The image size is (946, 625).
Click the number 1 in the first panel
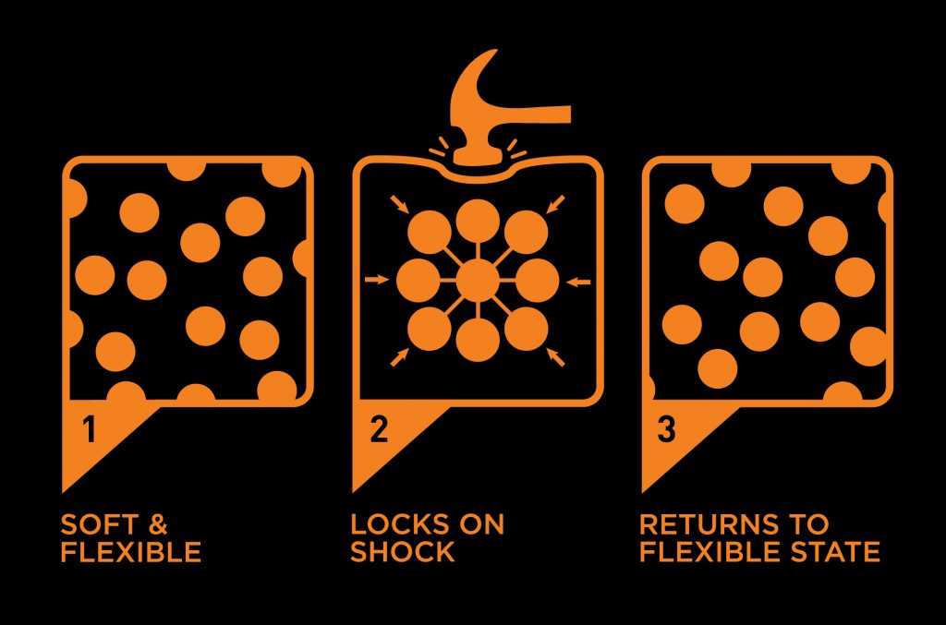pos(90,429)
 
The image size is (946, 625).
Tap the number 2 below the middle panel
pos(379,429)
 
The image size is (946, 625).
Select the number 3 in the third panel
pos(666,429)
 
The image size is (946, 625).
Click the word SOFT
pos(99,524)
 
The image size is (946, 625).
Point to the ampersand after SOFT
pos(157,524)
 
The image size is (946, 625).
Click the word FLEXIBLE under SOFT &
pos(131,552)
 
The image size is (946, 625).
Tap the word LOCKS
pos(400,524)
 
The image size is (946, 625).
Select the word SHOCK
pos(403,552)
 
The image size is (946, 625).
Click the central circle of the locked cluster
pos(478,281)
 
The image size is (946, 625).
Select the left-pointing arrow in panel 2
pos(579,281)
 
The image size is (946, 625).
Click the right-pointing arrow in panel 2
pos(377,279)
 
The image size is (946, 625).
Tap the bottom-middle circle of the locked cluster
pos(478,340)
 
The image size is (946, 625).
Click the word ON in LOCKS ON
pos(481,524)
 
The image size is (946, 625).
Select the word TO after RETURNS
pos(809,524)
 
